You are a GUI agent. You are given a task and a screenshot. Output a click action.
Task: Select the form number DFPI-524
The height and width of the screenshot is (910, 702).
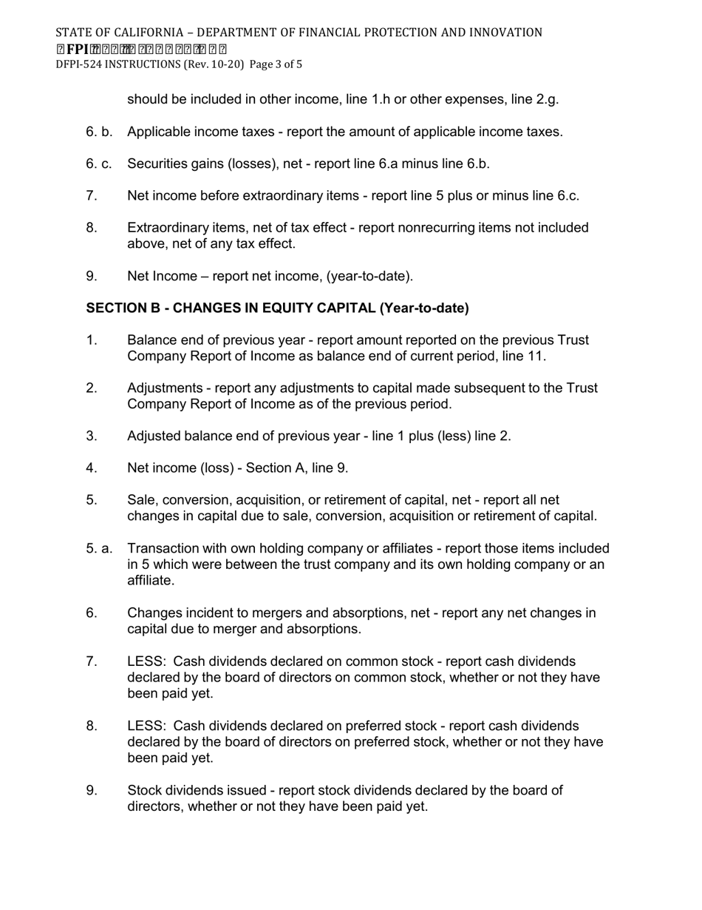tap(79, 64)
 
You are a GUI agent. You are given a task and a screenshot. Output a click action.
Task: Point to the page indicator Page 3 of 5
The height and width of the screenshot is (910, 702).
tap(276, 64)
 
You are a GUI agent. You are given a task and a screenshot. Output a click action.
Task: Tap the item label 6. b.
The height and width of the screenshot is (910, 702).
tap(99, 132)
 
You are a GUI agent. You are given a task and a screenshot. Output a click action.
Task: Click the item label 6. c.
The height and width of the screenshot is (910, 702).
tap(99, 164)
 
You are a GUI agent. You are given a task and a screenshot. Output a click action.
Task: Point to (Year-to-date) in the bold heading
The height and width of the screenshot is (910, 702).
tap(424, 308)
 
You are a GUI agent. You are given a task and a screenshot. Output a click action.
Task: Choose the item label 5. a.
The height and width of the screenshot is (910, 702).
tap(99, 548)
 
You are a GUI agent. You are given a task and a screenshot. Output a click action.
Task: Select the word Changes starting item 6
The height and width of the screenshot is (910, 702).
tap(153, 613)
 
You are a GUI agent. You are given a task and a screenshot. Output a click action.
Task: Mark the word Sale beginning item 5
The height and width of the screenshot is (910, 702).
tap(141, 500)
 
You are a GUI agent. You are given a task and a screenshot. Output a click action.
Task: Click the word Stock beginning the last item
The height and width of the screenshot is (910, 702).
tap(145, 790)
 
